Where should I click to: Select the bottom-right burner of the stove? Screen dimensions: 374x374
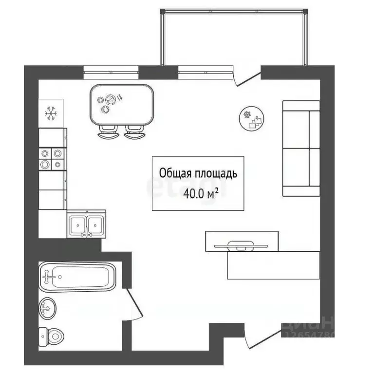(x=57, y=164)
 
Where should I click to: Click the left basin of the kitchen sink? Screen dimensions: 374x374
(x=78, y=224)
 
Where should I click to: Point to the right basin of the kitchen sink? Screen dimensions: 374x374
(x=95, y=224)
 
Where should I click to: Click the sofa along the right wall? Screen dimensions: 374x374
(x=301, y=149)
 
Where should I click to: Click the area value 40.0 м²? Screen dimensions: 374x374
(x=200, y=194)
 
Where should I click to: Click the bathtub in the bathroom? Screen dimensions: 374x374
(x=77, y=277)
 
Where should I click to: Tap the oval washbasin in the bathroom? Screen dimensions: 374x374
(x=47, y=307)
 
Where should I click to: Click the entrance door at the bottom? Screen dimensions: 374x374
(x=263, y=339)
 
